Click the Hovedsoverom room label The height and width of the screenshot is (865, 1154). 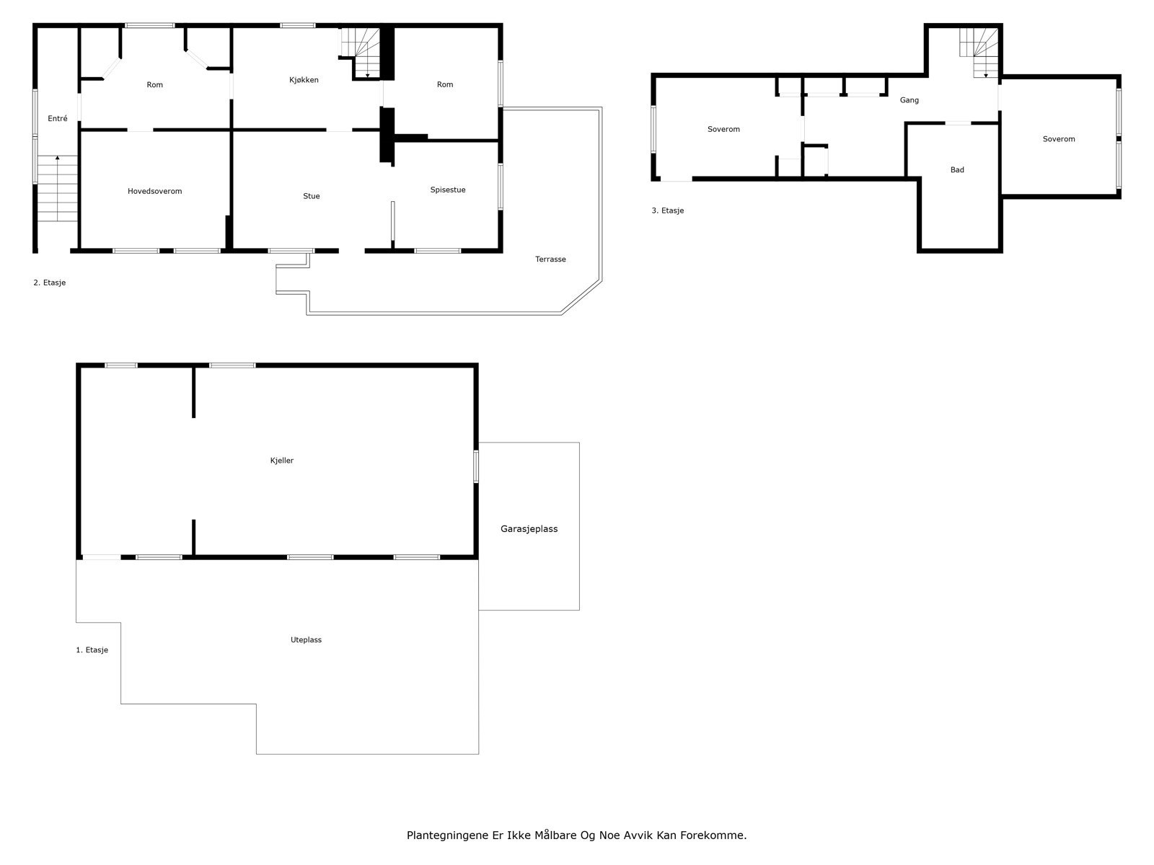(154, 191)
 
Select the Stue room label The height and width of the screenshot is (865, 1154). (311, 196)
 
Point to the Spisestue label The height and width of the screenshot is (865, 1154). (447, 190)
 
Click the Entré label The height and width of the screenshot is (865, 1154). (57, 119)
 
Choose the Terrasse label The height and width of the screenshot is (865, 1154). (550, 259)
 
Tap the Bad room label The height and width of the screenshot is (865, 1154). (957, 170)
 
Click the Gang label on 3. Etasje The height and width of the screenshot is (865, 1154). (909, 100)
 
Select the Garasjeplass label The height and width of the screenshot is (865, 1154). (529, 529)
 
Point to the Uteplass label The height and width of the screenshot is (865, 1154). (306, 640)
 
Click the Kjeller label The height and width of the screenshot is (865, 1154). (281, 461)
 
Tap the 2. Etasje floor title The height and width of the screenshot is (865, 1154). (49, 283)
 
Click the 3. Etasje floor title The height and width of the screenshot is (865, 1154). (667, 210)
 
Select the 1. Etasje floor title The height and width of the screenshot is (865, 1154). (92, 650)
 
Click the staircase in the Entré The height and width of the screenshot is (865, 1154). (57, 189)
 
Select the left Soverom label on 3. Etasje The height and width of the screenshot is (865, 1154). (723, 130)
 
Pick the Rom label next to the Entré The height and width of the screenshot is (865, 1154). (154, 85)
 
